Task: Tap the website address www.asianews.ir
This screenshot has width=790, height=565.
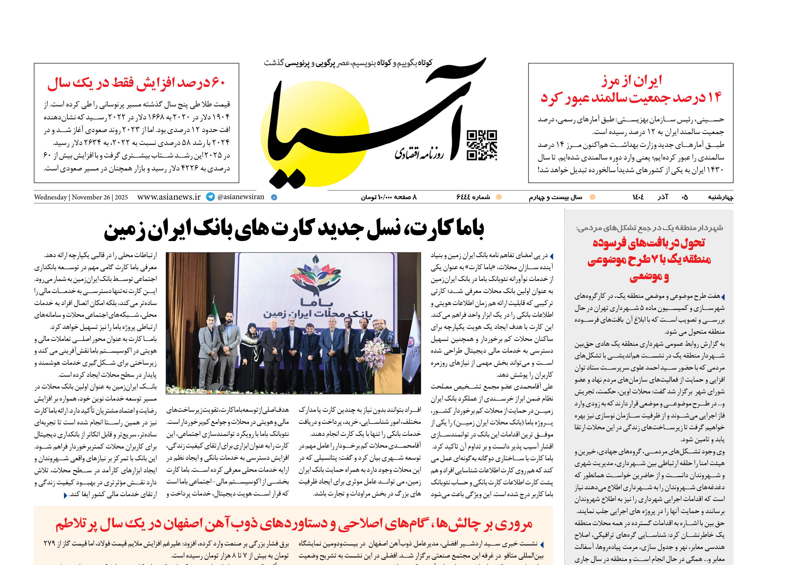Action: click(x=169, y=197)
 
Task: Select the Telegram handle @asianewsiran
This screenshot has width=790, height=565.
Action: click(x=240, y=197)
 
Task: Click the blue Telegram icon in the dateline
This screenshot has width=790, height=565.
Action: click(x=210, y=197)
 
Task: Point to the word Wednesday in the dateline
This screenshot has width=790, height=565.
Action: click(x=50, y=197)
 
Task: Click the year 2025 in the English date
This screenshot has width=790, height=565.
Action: click(x=121, y=197)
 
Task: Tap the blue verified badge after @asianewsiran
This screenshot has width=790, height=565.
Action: click(x=274, y=197)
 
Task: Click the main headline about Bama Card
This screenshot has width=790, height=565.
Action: click(x=294, y=229)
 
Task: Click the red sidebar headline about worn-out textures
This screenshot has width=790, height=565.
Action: click(x=649, y=259)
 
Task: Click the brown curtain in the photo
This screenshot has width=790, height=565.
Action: click(x=188, y=313)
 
